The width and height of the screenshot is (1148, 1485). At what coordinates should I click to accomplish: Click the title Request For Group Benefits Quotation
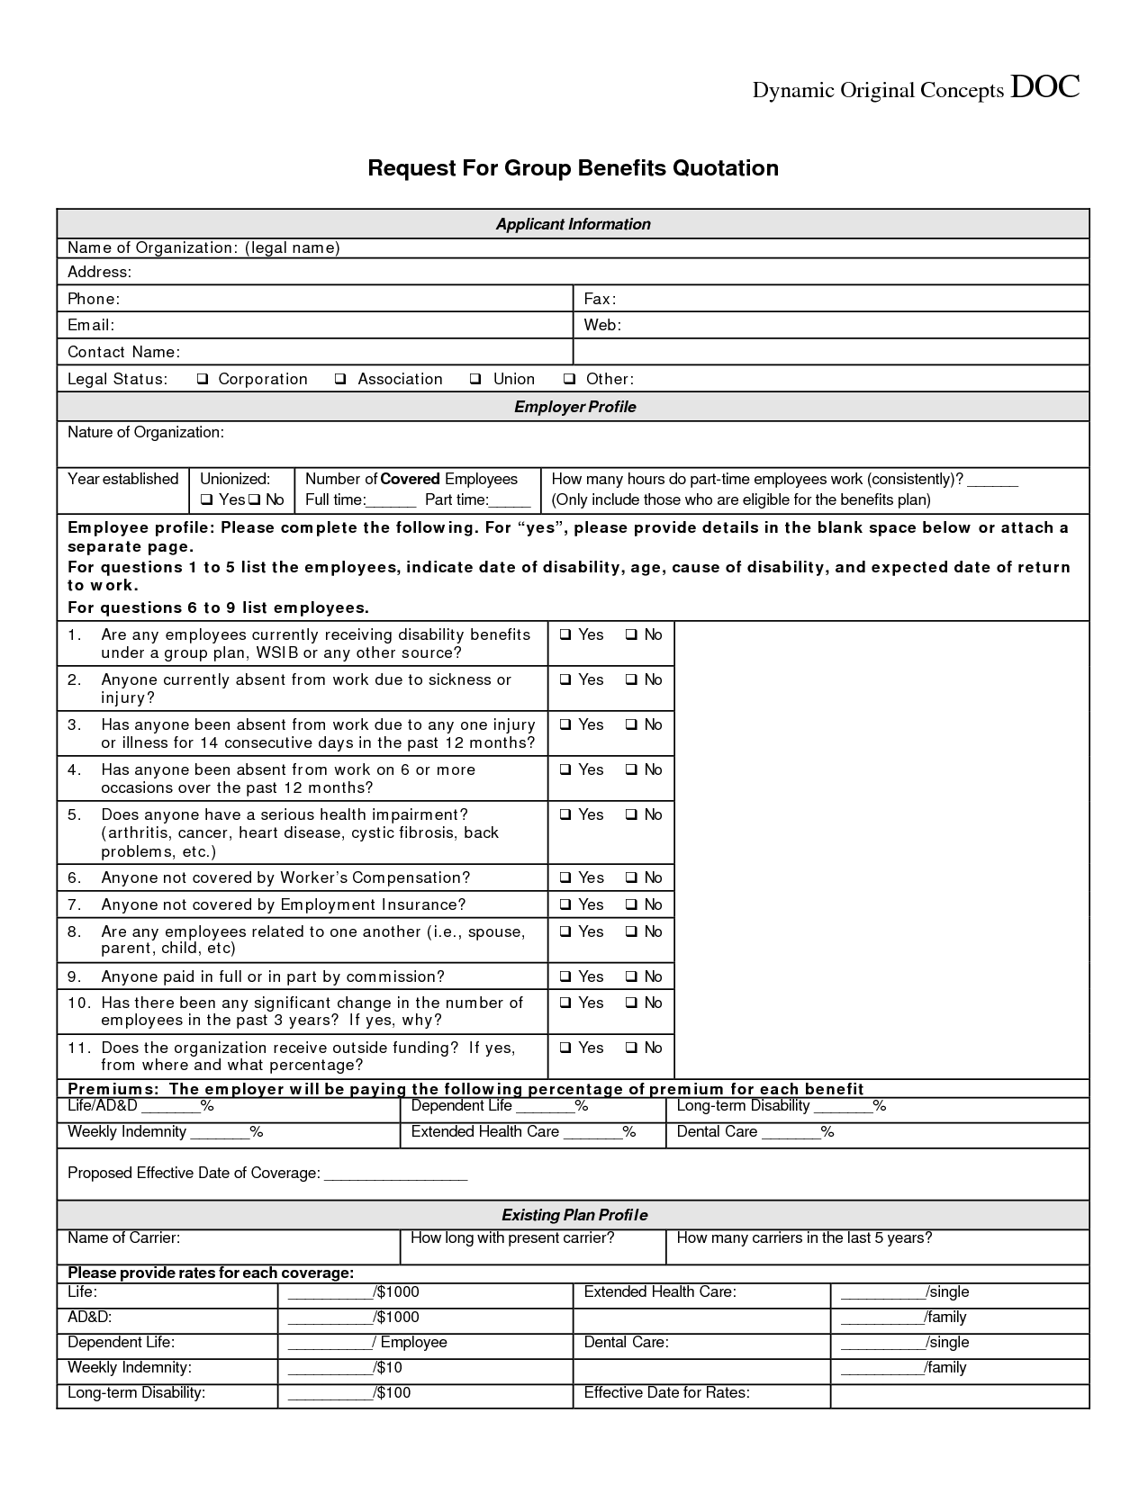point(573,168)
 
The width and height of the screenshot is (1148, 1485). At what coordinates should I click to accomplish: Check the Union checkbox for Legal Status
point(475,379)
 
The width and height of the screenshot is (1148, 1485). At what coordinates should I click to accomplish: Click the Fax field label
point(600,299)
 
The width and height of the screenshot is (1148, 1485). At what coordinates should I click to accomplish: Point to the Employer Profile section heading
point(574,407)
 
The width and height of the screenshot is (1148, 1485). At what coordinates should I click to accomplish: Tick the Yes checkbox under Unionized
point(206,499)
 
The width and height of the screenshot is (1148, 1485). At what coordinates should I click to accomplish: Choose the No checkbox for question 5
point(631,814)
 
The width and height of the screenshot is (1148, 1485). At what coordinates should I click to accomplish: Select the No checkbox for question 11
point(631,1048)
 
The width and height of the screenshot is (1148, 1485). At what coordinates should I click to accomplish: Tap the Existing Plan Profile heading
point(574,1215)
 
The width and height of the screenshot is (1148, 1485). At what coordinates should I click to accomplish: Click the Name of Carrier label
point(124,1238)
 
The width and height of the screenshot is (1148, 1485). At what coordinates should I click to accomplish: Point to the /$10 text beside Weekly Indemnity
point(388,1368)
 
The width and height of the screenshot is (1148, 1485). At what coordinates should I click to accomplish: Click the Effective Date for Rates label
point(666,1393)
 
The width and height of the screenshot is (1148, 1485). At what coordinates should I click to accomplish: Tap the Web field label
point(602,325)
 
